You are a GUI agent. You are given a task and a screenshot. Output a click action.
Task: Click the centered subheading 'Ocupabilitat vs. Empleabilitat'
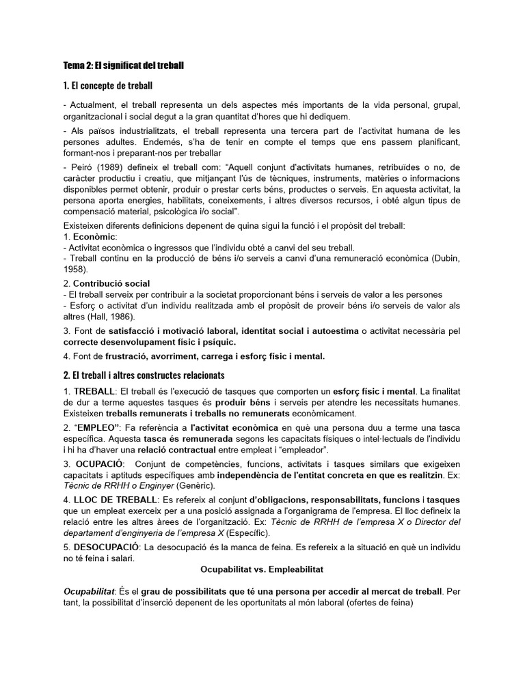(x=262, y=569)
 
